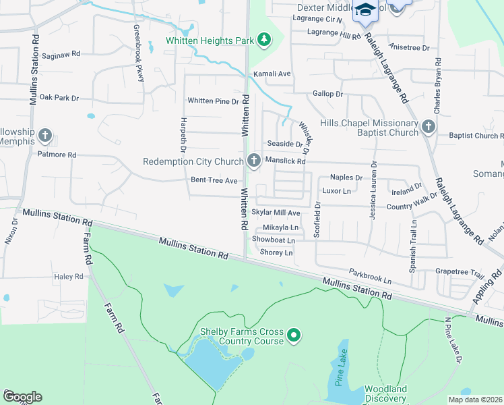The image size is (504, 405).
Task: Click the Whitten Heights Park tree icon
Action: [265, 40]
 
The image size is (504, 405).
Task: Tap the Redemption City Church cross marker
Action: [254, 161]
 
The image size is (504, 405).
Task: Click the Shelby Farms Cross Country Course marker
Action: [293, 335]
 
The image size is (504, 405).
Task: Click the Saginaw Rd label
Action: [61, 54]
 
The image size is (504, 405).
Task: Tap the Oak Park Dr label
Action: [59, 98]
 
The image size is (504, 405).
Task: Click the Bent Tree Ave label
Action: [214, 180]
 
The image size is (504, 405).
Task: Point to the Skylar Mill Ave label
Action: [276, 212]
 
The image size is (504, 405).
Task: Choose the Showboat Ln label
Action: [274, 240]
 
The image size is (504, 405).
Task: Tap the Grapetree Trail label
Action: [460, 274]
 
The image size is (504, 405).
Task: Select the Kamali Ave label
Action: [271, 74]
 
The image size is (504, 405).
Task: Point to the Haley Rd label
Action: [68, 277]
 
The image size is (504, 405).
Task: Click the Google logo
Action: [22, 397]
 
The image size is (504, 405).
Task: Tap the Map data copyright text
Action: [475, 400]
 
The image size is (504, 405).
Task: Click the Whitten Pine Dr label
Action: [213, 101]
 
